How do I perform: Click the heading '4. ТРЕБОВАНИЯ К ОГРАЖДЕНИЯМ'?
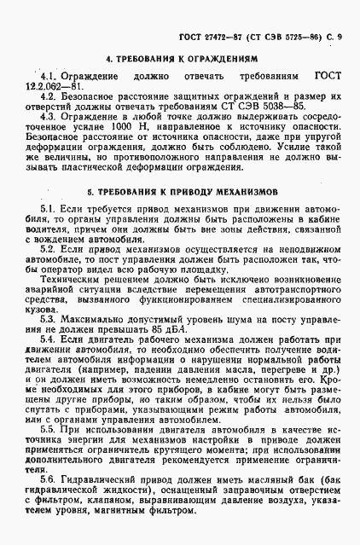coord(180,61)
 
